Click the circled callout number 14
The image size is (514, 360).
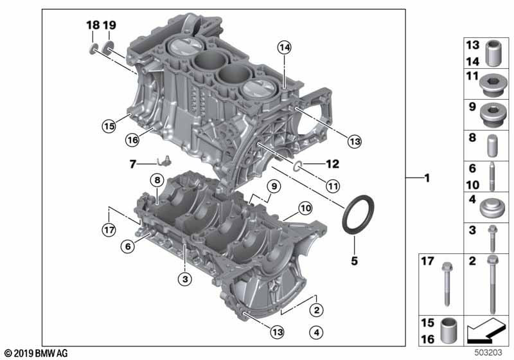[284, 48]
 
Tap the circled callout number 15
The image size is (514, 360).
[109, 126]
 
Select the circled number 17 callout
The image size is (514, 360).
[109, 230]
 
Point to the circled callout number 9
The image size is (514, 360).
[274, 186]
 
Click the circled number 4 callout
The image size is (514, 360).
[316, 333]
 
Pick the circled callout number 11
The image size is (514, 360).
[333, 186]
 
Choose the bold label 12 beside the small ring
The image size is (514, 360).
[332, 163]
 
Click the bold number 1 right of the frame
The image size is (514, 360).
[427, 178]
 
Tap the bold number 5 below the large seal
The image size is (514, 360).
[355, 260]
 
